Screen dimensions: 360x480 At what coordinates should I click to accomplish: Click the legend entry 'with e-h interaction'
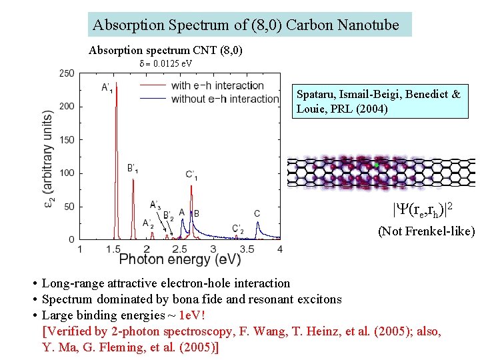point(217,85)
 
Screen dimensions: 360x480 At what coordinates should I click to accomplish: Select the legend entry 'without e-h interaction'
point(225,99)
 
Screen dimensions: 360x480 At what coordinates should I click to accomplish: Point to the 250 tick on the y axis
point(67,73)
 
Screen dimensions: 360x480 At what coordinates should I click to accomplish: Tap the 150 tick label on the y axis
point(67,140)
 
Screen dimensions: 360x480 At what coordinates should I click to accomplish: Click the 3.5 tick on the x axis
point(247,249)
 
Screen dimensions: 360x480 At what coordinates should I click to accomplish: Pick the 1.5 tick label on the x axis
point(113,249)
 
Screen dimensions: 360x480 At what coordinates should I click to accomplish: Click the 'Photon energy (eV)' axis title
point(180,259)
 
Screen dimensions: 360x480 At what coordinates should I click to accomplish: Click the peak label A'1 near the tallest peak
point(107,87)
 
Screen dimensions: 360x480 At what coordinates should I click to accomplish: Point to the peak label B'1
point(133,168)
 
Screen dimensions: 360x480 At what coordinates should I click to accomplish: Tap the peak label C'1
point(191,175)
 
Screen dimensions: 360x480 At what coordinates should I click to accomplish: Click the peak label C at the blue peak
point(257,213)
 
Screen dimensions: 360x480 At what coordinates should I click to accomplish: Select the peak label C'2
point(238,229)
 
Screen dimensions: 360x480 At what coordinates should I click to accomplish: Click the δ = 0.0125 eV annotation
point(166,63)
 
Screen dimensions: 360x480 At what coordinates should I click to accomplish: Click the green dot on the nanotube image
point(376,164)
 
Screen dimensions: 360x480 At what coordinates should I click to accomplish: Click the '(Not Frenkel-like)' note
point(427,231)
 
